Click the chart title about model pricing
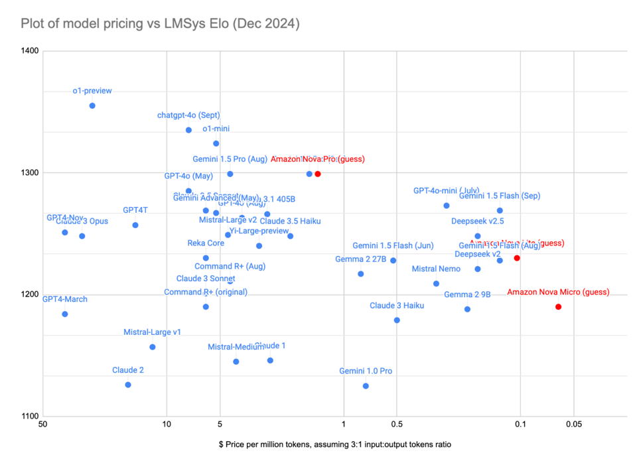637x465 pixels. pos(160,25)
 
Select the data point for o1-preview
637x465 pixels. pos(92,105)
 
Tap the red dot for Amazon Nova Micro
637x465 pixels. pos(558,306)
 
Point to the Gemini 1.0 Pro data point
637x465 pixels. pos(366,386)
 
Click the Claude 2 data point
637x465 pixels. pos(128,385)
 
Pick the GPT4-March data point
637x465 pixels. pos(65,314)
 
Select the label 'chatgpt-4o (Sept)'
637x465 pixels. pos(188,115)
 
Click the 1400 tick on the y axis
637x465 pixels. pos(31,51)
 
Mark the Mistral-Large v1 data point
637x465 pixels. pos(153,347)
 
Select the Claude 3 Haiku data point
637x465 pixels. pos(397,320)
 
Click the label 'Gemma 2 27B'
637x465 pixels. pos(361,259)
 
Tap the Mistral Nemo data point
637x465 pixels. pos(436,283)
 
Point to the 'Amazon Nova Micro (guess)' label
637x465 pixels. pos(558,292)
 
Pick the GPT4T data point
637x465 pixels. pos(135,225)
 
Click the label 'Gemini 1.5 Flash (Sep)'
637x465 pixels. pos(500,196)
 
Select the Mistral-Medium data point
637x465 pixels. pos(236,362)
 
